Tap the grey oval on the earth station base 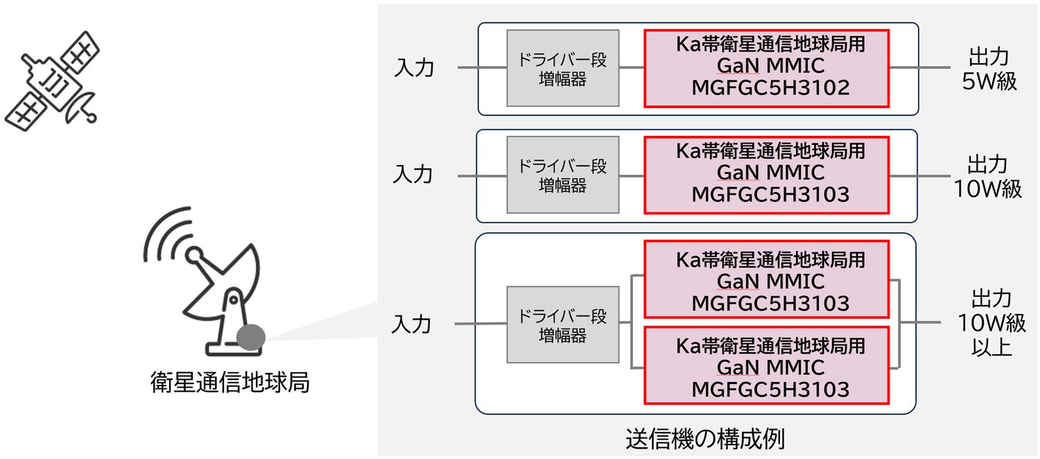[250, 337]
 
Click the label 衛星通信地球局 [229, 382]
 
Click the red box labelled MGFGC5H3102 [766, 68]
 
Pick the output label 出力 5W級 [989, 69]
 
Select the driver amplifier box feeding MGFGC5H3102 [562, 68]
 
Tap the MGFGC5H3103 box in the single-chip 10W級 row [766, 174]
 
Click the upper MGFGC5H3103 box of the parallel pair [766, 280]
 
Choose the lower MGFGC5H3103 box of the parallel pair [766, 365]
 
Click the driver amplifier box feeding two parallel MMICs [562, 324]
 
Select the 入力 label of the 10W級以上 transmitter [412, 324]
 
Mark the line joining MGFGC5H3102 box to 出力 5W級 [919, 68]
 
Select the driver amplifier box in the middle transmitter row [562, 174]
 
